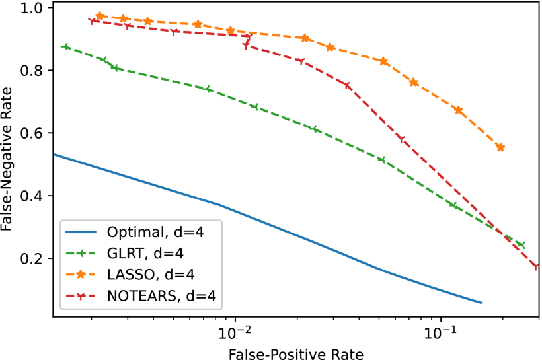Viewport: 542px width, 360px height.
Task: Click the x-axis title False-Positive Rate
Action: click(x=295, y=353)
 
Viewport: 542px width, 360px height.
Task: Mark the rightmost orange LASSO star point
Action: click(x=500, y=147)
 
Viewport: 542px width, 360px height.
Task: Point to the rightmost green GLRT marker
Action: click(x=522, y=245)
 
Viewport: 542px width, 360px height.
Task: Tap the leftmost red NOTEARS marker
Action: click(x=92, y=21)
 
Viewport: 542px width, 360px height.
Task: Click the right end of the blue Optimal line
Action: click(x=481, y=303)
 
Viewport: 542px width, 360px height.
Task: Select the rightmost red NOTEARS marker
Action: click(x=537, y=267)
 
